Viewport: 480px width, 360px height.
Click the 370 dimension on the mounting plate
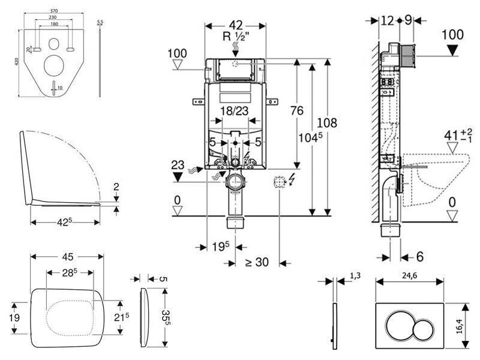click(x=54, y=11)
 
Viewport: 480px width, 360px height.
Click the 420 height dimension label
click(x=17, y=62)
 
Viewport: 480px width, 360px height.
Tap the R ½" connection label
click(x=236, y=37)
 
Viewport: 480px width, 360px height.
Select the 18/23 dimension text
click(x=235, y=111)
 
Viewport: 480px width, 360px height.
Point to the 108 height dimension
click(x=326, y=123)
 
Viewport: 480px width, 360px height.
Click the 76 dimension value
click(x=296, y=110)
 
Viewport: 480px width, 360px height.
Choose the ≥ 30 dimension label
click(x=257, y=262)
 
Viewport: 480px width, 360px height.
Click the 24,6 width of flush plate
click(x=409, y=276)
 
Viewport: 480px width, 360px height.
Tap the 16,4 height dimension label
click(x=458, y=326)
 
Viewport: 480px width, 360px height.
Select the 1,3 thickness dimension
click(x=355, y=276)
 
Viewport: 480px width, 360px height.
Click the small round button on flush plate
click(x=423, y=329)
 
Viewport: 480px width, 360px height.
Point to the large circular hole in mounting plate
click(x=54, y=65)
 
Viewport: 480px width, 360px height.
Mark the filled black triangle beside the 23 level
click(x=178, y=176)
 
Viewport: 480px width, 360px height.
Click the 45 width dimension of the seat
click(x=68, y=257)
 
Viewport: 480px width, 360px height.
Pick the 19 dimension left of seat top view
click(x=14, y=317)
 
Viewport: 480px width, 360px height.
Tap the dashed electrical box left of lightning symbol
click(x=279, y=182)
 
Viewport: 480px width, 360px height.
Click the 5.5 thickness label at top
click(x=100, y=22)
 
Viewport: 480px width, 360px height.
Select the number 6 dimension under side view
click(x=419, y=257)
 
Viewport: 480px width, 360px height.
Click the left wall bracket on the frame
click(x=199, y=101)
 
